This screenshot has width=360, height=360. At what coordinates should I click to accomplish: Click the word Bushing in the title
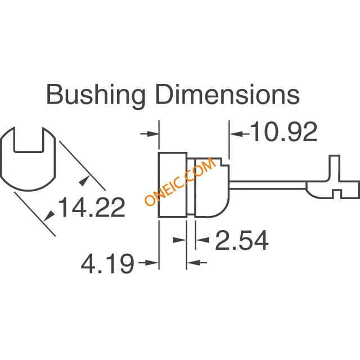point(96,96)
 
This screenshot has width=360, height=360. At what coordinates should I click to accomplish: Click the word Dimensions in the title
point(227,94)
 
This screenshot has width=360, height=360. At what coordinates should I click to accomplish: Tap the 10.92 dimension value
point(285,132)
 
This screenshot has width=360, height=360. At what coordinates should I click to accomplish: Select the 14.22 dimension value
point(92,208)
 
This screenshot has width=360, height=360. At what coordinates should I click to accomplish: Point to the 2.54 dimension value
point(242,240)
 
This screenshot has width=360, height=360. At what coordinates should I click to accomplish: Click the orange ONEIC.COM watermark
point(181,182)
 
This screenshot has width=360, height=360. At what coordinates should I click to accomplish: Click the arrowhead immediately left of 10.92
point(236,133)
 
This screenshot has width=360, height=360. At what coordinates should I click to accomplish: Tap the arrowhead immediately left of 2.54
point(203,240)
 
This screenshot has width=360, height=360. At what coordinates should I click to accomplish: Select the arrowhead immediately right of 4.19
point(152,263)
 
